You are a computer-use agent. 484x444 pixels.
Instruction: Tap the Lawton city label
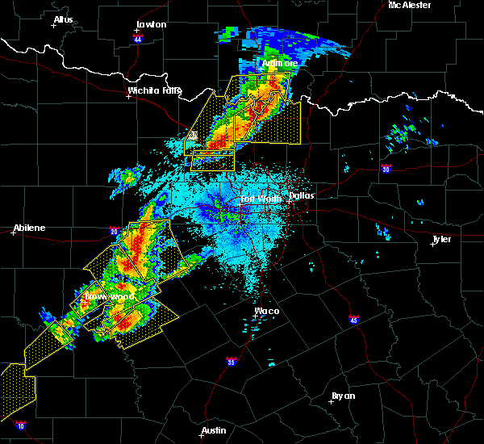(152, 24)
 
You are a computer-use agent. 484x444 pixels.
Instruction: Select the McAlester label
(409, 5)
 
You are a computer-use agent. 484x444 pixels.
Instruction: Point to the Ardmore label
(280, 63)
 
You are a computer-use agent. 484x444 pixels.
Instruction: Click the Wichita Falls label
(154, 90)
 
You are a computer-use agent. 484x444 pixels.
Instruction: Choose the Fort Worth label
(261, 199)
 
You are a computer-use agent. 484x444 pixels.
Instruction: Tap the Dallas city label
(302, 195)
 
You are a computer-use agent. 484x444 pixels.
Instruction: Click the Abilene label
(28, 228)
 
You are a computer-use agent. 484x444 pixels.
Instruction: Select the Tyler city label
(442, 239)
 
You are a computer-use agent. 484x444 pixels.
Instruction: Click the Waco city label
(266, 311)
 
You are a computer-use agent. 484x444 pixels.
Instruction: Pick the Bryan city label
(343, 396)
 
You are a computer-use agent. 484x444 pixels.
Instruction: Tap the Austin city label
(214, 430)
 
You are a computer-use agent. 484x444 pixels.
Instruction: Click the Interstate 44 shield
(138, 38)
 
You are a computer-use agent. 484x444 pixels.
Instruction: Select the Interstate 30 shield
(386, 169)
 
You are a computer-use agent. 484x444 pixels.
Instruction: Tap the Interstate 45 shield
(353, 320)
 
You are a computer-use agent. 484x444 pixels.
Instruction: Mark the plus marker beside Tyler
(432, 245)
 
